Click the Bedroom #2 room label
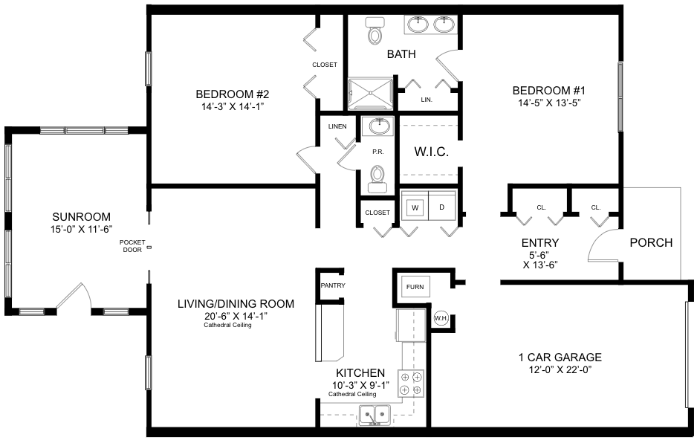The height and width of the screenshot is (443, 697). pos(233,94)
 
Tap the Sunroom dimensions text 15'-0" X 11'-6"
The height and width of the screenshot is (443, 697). pos(81,229)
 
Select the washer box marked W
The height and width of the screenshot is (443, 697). pos(415,207)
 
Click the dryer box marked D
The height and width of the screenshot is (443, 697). pos(442,207)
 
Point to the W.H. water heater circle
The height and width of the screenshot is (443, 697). pos(441,318)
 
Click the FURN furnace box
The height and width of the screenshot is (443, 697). pos(415,287)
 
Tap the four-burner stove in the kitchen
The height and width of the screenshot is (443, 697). pos(411,384)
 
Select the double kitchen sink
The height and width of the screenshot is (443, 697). pos(375,416)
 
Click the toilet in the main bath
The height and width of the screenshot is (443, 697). pos(375,30)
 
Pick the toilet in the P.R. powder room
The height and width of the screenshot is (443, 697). pos(377,179)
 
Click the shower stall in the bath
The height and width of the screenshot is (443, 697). pos(370,94)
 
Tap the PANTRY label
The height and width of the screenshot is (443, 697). pos(333,285)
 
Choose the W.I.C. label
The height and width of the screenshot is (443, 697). pos(431,152)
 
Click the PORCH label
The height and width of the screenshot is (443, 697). pos(651,242)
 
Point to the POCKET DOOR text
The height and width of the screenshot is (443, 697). pos(132,246)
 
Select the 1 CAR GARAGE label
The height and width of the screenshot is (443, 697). pos(560,358)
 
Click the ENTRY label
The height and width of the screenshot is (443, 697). pos(540,243)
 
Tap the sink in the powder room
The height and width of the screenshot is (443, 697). pos(377,126)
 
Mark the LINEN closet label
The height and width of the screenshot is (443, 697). pos(337,126)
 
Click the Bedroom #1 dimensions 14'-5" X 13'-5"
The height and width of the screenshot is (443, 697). pos(549,103)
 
